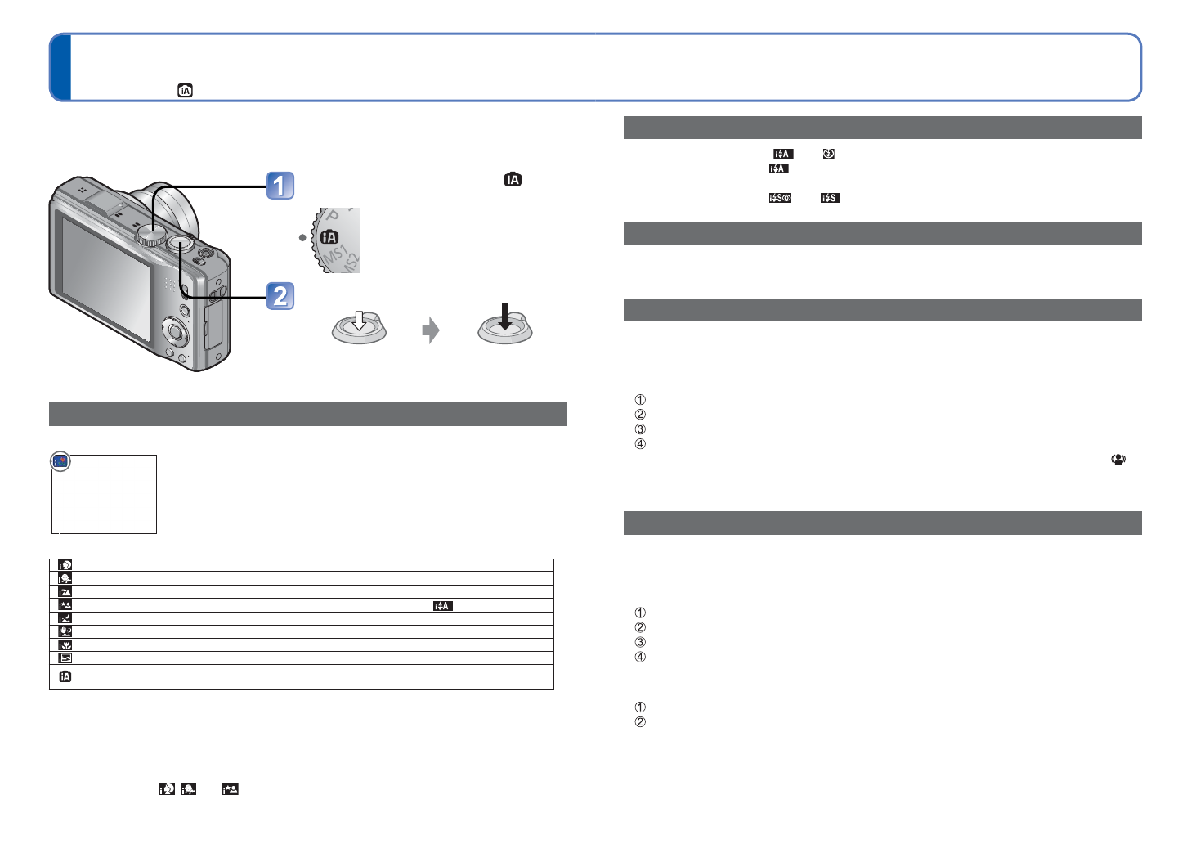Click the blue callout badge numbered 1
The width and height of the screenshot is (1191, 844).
click(x=280, y=186)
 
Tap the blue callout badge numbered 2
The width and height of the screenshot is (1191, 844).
click(x=280, y=296)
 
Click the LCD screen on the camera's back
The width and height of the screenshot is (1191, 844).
click(x=105, y=278)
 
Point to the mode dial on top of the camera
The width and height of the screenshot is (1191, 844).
click(x=151, y=235)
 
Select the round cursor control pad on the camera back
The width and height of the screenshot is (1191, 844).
click(x=175, y=331)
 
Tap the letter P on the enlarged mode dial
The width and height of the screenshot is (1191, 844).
click(x=333, y=215)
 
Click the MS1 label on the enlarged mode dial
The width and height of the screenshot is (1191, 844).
click(x=335, y=254)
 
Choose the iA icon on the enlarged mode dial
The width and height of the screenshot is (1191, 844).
click(x=329, y=236)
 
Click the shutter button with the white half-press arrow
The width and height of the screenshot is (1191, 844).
click(x=359, y=328)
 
